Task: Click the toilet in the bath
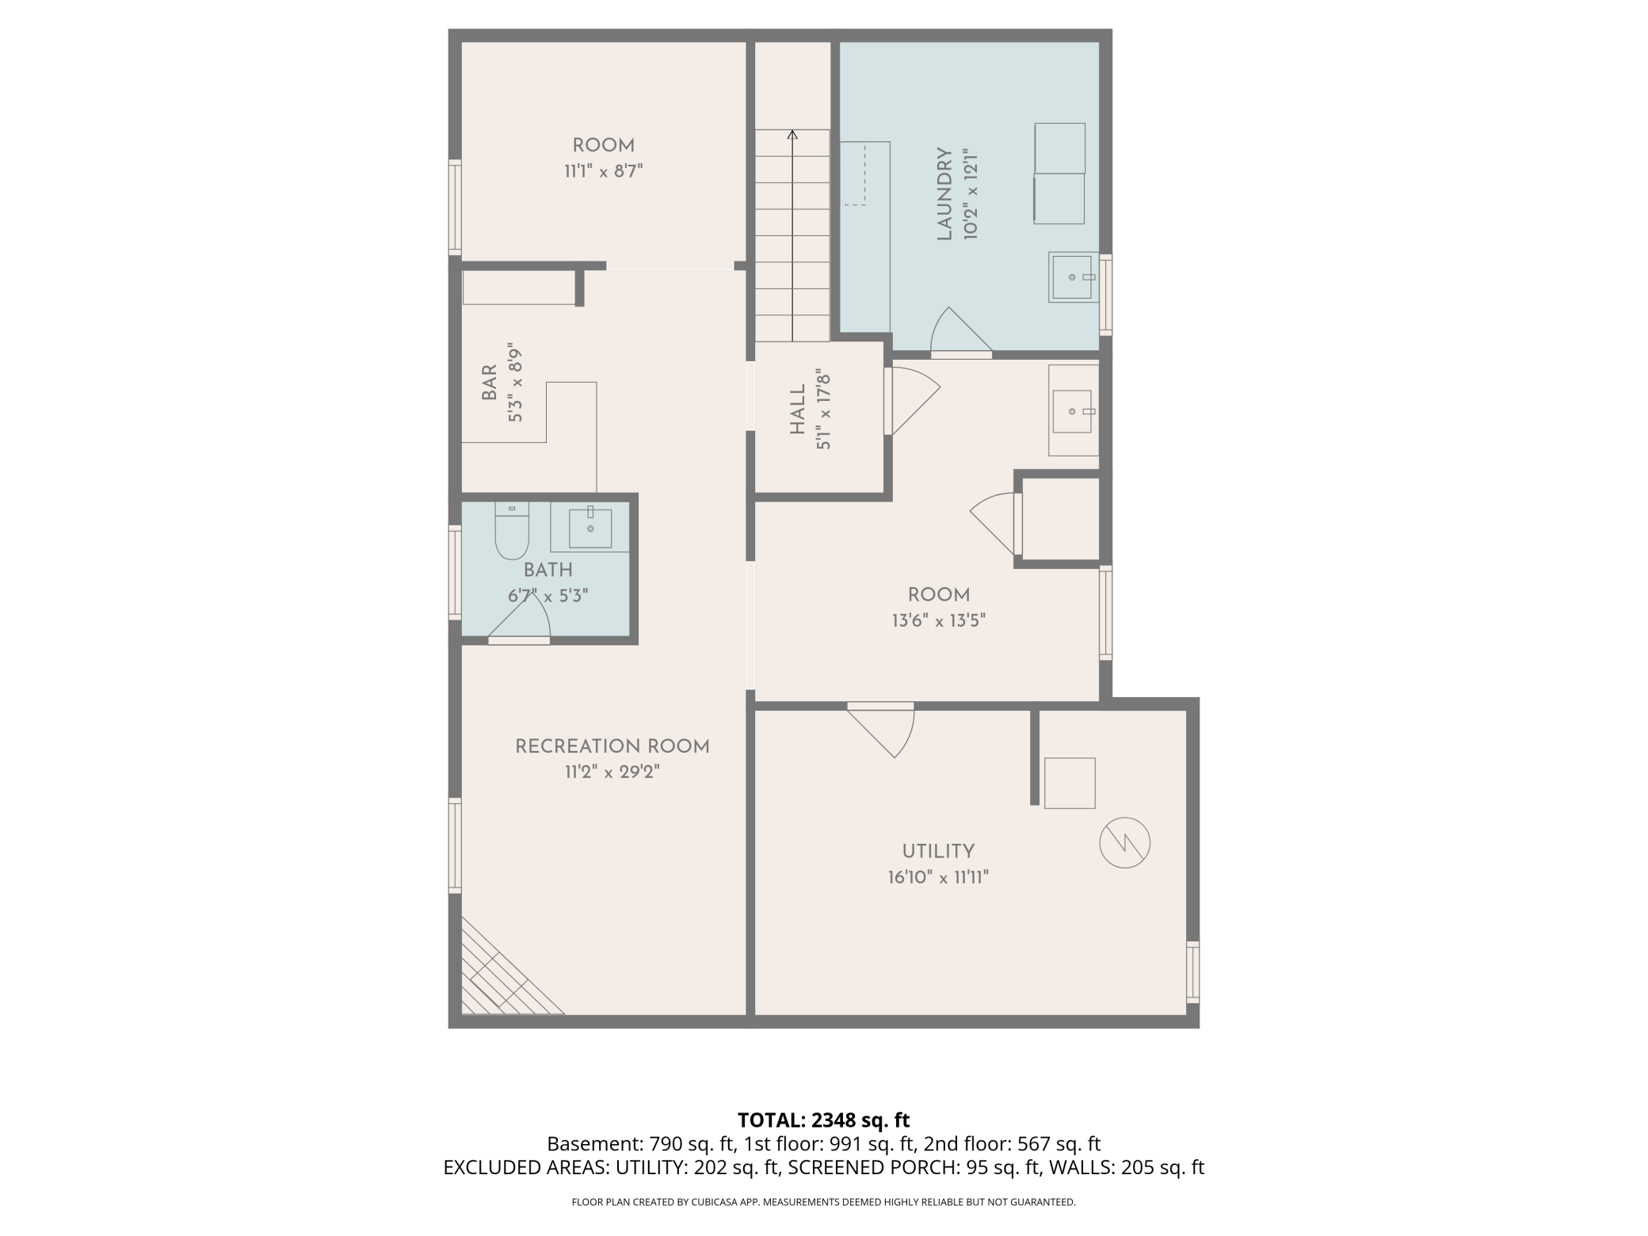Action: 512,531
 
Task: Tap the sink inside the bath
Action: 590,528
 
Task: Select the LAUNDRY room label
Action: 944,193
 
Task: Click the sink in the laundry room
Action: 1072,277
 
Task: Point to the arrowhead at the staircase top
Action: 792,135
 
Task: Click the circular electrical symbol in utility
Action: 1124,842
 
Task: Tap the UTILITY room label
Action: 938,852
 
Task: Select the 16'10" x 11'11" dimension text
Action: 938,878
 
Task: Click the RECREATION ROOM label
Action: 612,746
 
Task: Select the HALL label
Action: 798,410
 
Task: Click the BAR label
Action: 490,382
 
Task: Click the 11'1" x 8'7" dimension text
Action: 603,171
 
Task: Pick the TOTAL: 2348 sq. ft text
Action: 823,1120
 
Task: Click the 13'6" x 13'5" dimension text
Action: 938,620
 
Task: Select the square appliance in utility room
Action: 1069,783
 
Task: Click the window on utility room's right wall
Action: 1192,971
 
